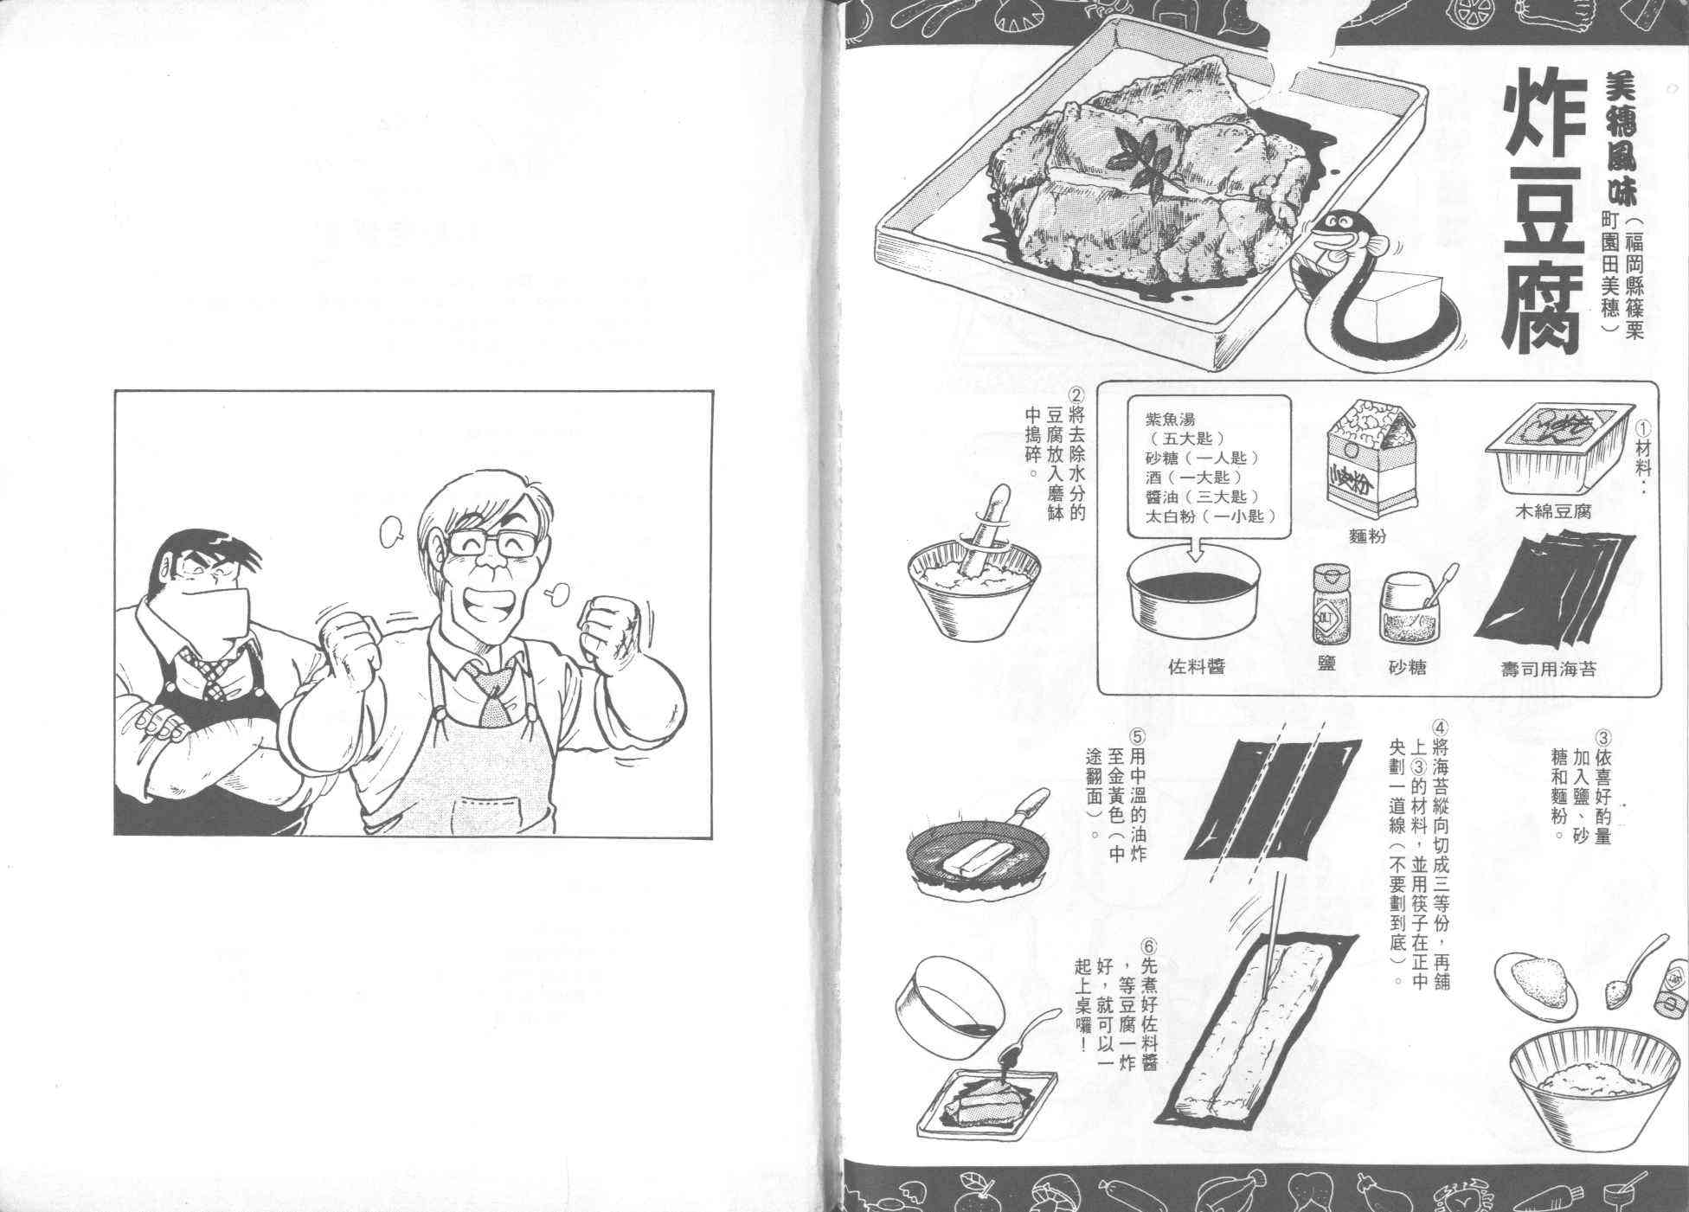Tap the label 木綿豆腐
click(1553, 511)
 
